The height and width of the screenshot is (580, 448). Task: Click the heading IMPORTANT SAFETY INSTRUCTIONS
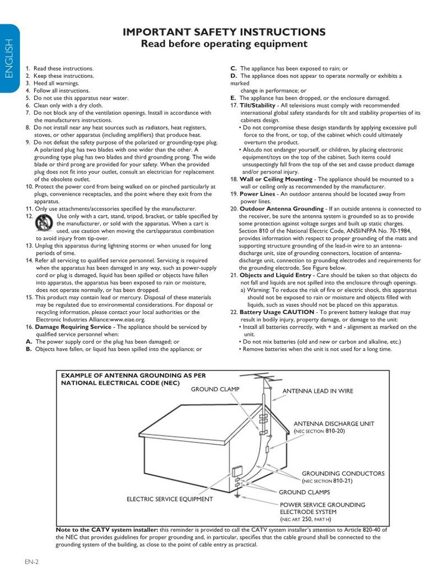pyautogui.click(x=223, y=32)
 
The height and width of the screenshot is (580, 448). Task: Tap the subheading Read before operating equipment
pyautogui.click(x=223, y=44)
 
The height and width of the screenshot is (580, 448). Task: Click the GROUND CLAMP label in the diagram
pyautogui.click(x=215, y=389)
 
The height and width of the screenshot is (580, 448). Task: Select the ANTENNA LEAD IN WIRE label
pyautogui.click(x=318, y=391)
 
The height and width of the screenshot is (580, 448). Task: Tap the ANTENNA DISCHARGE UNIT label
pyautogui.click(x=334, y=424)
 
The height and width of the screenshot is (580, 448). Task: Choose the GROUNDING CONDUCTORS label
pyautogui.click(x=343, y=474)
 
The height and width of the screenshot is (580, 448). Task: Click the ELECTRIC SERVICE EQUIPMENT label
pyautogui.click(x=169, y=499)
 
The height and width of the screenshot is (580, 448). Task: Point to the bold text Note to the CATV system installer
pyautogui.click(x=108, y=529)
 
